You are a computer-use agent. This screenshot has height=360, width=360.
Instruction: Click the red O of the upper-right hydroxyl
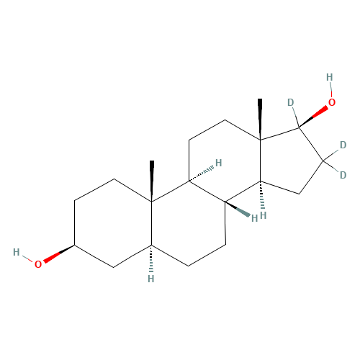[332, 102]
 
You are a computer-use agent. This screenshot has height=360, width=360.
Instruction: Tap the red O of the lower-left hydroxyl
[38, 264]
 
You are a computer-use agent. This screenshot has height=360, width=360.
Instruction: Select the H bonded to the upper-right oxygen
[330, 77]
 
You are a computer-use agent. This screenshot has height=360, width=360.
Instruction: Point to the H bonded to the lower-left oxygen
[17, 252]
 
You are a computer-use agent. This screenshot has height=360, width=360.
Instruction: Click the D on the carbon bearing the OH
[291, 102]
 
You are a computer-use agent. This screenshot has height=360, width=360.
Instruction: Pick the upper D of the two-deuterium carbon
[343, 145]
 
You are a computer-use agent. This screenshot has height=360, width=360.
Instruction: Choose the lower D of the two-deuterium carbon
[343, 175]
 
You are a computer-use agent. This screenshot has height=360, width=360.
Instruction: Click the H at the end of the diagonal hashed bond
[218, 163]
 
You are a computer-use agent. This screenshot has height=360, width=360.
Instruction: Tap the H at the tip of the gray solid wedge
[254, 218]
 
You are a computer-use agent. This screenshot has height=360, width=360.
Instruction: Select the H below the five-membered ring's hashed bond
[264, 215]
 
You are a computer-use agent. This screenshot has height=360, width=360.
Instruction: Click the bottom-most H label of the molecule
[151, 279]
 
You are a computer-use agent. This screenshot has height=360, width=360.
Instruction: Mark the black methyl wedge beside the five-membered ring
[260, 119]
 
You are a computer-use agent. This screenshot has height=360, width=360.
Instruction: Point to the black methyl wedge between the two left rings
[152, 181]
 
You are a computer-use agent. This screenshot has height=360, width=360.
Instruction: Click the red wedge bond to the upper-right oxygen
[313, 117]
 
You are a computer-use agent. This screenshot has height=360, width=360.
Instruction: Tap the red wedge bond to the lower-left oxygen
[59, 254]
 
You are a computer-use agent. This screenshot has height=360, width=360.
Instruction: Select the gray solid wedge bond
[238, 210]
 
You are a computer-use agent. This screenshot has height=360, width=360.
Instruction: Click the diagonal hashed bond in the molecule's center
[201, 174]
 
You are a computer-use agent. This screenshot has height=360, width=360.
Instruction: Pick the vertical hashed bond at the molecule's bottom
[151, 258]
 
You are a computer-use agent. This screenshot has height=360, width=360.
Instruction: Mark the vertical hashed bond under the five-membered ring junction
[262, 195]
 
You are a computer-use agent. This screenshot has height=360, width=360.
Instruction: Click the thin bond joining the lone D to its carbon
[296, 117]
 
